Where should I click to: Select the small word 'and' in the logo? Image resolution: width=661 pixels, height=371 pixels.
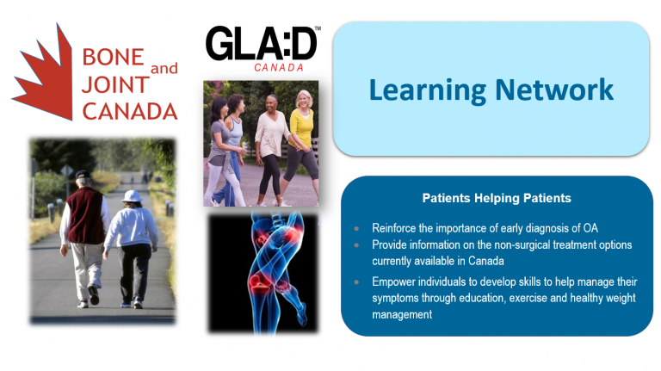tap(164, 67)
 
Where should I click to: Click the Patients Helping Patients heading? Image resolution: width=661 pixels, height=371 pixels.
tap(497, 198)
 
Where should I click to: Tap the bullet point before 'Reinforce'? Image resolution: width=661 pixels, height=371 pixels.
tap(357, 229)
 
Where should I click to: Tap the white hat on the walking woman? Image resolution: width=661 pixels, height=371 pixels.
tap(132, 196)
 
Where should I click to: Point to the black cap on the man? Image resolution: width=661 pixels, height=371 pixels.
tap(83, 176)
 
